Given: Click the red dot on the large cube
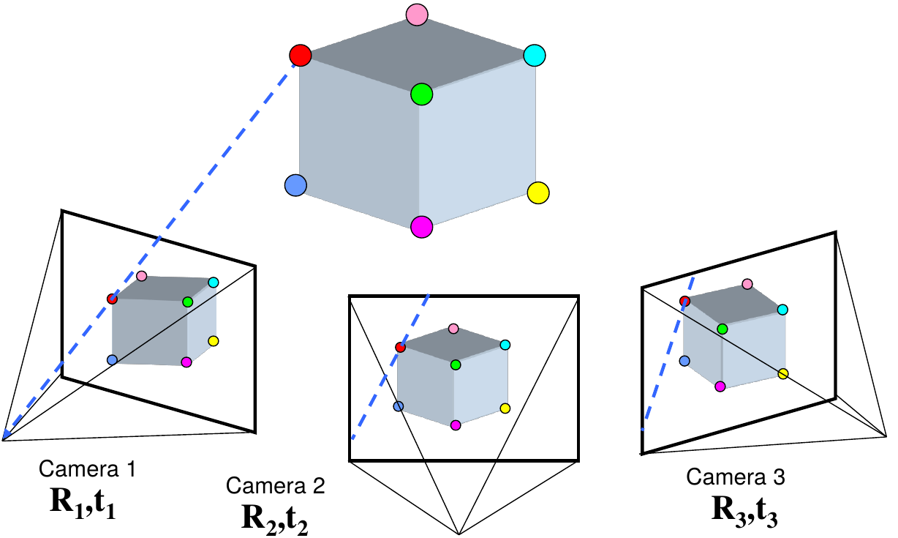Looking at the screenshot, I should pyautogui.click(x=300, y=55).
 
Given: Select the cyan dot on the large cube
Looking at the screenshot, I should pyautogui.click(x=535, y=55).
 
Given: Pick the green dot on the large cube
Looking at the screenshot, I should pyautogui.click(x=421, y=94).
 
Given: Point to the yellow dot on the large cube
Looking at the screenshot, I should pyautogui.click(x=537, y=193).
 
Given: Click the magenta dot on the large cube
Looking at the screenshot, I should pyautogui.click(x=421, y=226).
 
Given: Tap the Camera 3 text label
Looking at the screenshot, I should pyautogui.click(x=736, y=477).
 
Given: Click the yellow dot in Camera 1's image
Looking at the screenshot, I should pyautogui.click(x=213, y=341).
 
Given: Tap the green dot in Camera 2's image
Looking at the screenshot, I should pyautogui.click(x=456, y=364).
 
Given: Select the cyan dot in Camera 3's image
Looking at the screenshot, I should pyautogui.click(x=782, y=310).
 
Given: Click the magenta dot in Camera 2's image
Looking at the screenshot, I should pyautogui.click(x=456, y=425).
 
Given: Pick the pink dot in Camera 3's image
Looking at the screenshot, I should pyautogui.click(x=747, y=283).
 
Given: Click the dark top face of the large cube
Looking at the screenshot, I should pyautogui.click(x=417, y=55).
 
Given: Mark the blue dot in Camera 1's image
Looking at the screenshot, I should pyautogui.click(x=112, y=359).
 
